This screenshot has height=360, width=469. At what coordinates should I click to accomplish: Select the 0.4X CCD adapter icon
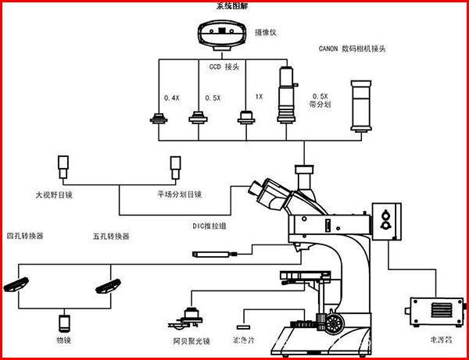pos(159,119)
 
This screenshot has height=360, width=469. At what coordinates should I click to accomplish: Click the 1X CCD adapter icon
pos(247,117)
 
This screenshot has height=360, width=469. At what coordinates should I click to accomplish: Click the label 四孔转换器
pos(25,235)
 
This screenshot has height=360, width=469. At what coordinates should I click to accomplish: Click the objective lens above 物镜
pos(64,323)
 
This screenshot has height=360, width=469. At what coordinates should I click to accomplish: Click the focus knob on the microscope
pos(335,323)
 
